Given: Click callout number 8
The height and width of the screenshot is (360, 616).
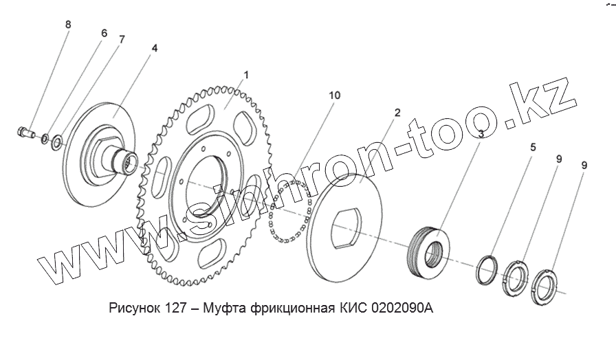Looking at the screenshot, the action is point(68,25).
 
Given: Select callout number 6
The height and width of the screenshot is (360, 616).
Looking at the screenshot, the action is point(104,33).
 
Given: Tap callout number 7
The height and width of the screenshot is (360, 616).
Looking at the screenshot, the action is point(122,39).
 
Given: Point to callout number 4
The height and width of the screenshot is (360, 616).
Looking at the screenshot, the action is point(155,48).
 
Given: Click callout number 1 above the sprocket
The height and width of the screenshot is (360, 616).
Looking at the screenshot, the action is point(246,75).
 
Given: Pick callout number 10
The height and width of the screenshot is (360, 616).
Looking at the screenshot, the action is point(335,95).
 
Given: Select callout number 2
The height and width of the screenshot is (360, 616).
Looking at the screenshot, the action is point(397,113).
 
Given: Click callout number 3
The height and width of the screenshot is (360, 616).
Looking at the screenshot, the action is point(481,134).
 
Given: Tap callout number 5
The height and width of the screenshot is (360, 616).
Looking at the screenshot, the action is point(533,147).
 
